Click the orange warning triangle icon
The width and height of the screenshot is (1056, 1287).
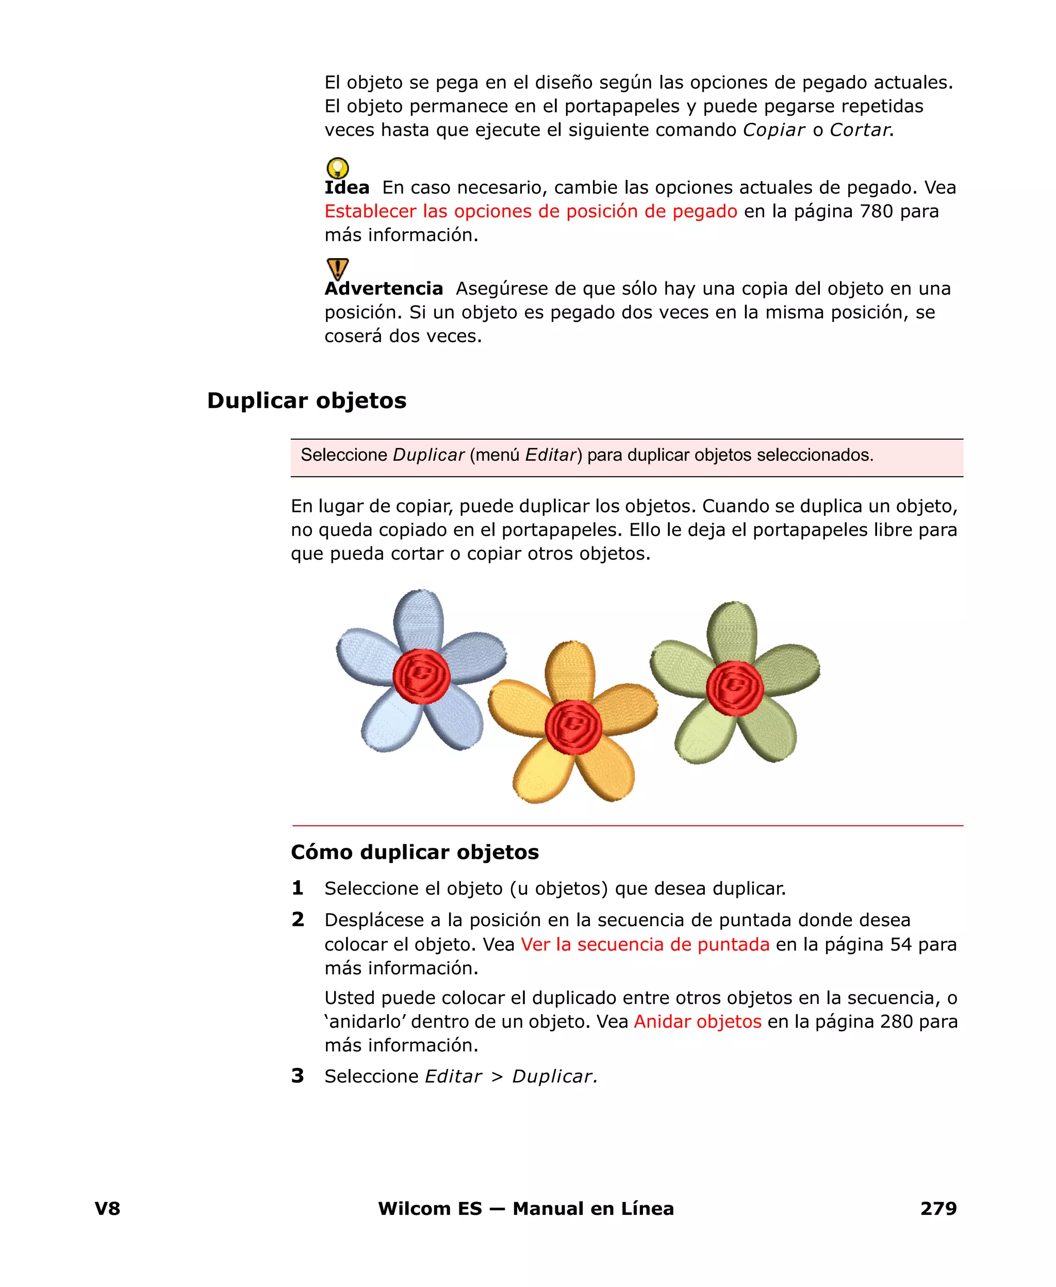(338, 268)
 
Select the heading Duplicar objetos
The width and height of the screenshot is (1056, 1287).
(307, 400)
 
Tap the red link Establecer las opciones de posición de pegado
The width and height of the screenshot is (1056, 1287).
(531, 211)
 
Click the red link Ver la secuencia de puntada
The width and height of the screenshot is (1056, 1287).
(645, 944)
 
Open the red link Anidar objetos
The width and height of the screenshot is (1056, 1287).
(697, 1022)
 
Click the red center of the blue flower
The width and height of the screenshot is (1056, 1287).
(422, 676)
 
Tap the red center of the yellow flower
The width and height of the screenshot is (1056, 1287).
(573, 727)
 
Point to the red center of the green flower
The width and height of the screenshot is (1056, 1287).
(734, 688)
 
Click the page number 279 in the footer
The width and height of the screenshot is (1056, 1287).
(938, 1209)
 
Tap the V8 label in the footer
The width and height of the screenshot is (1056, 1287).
(108, 1209)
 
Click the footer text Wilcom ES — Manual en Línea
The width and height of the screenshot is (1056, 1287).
(525, 1209)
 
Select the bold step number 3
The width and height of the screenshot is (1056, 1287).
(298, 1076)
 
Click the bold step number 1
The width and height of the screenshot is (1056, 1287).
(298, 888)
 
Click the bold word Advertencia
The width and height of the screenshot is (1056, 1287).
(384, 289)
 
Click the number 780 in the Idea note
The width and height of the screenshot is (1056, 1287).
(876, 211)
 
